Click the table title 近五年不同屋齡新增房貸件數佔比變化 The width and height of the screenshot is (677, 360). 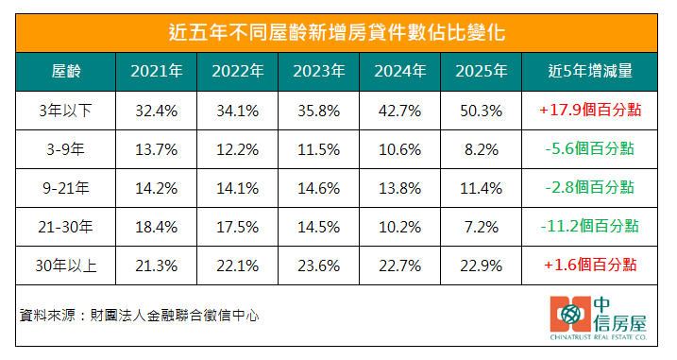click(x=337, y=32)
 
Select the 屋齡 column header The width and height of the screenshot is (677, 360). click(x=64, y=71)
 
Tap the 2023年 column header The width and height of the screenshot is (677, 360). click(x=317, y=71)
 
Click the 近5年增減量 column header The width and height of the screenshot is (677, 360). click(x=589, y=71)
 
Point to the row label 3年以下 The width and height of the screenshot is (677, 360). click(x=64, y=111)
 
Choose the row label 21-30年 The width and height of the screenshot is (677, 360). click(x=64, y=227)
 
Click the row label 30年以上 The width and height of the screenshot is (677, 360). click(x=64, y=266)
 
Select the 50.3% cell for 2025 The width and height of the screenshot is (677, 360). click(x=480, y=111)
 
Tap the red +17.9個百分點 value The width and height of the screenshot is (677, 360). click(x=589, y=111)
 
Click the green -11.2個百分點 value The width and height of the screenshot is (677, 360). click(x=589, y=227)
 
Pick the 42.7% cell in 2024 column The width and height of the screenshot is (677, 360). click(x=398, y=111)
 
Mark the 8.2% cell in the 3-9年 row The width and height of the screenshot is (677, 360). click(x=480, y=149)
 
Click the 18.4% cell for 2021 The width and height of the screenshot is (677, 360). click(x=156, y=227)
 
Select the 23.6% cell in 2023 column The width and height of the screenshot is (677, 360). click(x=317, y=266)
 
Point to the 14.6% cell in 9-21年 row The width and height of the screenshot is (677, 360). click(x=317, y=188)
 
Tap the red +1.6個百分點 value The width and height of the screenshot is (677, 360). click(x=589, y=266)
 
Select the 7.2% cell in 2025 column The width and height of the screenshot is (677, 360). click(x=480, y=227)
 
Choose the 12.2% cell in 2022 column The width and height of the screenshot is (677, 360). click(x=236, y=149)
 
